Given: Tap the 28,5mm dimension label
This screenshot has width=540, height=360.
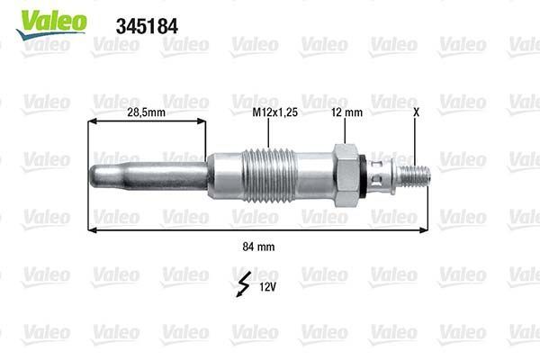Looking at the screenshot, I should (120, 114).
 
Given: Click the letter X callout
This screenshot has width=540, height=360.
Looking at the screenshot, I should (416, 113).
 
